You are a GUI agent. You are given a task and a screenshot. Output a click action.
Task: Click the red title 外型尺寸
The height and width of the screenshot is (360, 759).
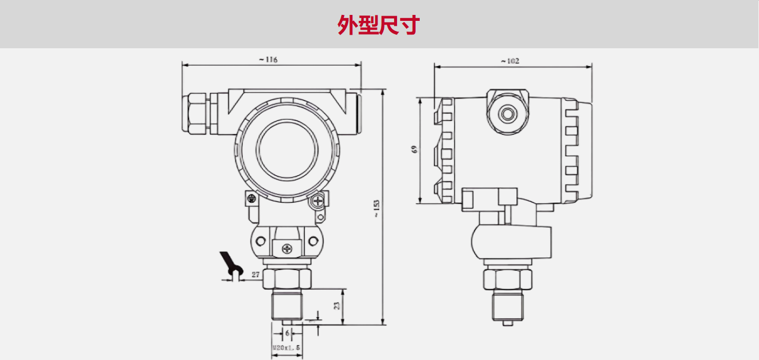[379, 25]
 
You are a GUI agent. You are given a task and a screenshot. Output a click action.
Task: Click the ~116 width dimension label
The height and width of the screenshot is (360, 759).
[268, 60]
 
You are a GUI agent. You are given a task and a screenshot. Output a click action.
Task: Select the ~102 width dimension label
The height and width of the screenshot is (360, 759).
[510, 61]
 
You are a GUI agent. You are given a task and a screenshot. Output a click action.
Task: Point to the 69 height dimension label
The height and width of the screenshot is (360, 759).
[414, 149]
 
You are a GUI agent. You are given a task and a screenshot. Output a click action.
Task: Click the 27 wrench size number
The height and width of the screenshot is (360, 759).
[255, 275]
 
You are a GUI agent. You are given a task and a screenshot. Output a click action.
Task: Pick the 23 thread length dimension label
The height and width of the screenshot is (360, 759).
[336, 306]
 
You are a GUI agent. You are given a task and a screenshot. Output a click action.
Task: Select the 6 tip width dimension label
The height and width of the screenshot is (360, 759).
[287, 333]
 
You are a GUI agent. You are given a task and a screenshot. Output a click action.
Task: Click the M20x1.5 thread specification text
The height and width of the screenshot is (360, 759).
[286, 347]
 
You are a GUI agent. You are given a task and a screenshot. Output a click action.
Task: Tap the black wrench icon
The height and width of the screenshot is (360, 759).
[230, 266]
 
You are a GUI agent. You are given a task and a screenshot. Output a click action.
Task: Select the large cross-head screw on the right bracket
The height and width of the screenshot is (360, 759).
[318, 202]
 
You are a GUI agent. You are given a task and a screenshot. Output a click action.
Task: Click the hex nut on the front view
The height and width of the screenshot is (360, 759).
[287, 277]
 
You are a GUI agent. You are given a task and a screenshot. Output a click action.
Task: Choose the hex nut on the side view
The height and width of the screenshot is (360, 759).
[507, 278]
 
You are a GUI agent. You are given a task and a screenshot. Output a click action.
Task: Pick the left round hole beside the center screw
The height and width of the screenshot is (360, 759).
[261, 241]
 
